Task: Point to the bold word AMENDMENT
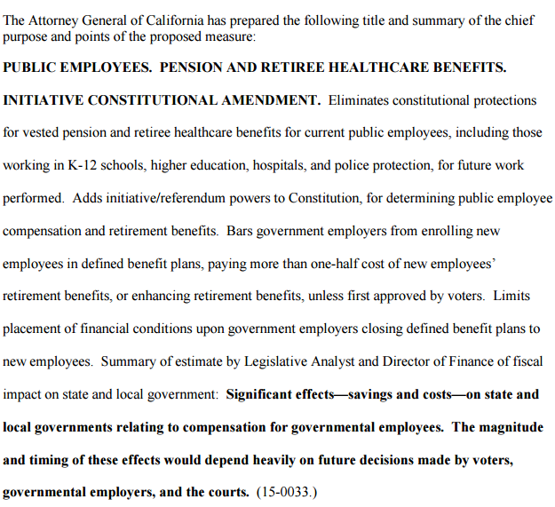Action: tap(271, 100)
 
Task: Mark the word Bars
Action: tap(241, 231)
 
